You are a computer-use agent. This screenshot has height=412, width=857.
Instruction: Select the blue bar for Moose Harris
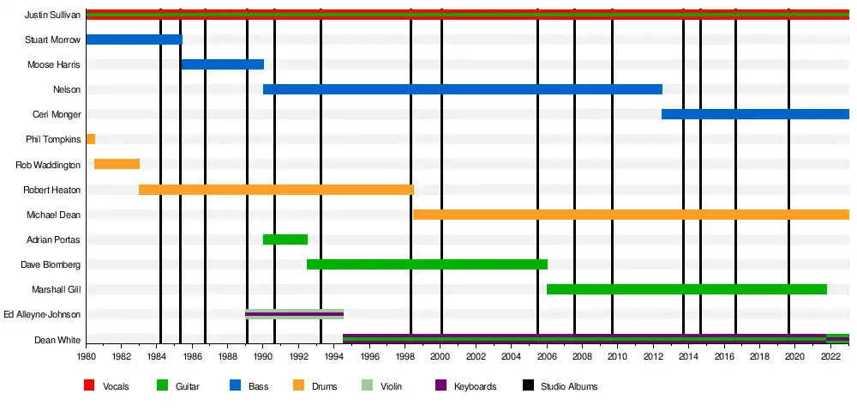[x=222, y=64]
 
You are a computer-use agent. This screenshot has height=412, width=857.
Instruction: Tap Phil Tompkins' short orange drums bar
[x=90, y=139]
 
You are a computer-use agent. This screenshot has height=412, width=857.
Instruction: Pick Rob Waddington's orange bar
[x=117, y=164]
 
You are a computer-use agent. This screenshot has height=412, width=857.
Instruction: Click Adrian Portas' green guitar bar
[x=285, y=239]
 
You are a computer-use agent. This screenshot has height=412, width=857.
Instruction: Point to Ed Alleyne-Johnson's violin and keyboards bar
[x=294, y=314]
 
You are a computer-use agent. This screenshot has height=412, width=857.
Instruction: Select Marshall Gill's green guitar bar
[x=686, y=289]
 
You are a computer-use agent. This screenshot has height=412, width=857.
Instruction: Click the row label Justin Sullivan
[x=52, y=15]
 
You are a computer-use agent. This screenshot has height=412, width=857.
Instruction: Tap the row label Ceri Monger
[x=59, y=115]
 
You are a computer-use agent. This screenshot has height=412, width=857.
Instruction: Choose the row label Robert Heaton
[x=51, y=190]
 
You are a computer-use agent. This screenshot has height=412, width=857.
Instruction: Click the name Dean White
[x=57, y=340]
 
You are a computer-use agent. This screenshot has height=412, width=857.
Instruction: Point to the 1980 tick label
[x=87, y=355]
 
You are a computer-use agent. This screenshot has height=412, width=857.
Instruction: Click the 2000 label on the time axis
[x=440, y=355]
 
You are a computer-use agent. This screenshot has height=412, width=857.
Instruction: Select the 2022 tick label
[x=830, y=355]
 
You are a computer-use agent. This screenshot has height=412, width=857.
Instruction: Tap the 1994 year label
[x=334, y=355]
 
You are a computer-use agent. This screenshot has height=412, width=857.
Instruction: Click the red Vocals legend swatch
[x=89, y=386]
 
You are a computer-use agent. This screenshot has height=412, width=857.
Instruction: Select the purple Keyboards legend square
[x=441, y=386]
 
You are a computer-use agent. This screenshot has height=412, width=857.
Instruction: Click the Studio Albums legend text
[x=569, y=387]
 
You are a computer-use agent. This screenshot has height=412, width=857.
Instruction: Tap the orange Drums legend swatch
[x=299, y=386]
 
